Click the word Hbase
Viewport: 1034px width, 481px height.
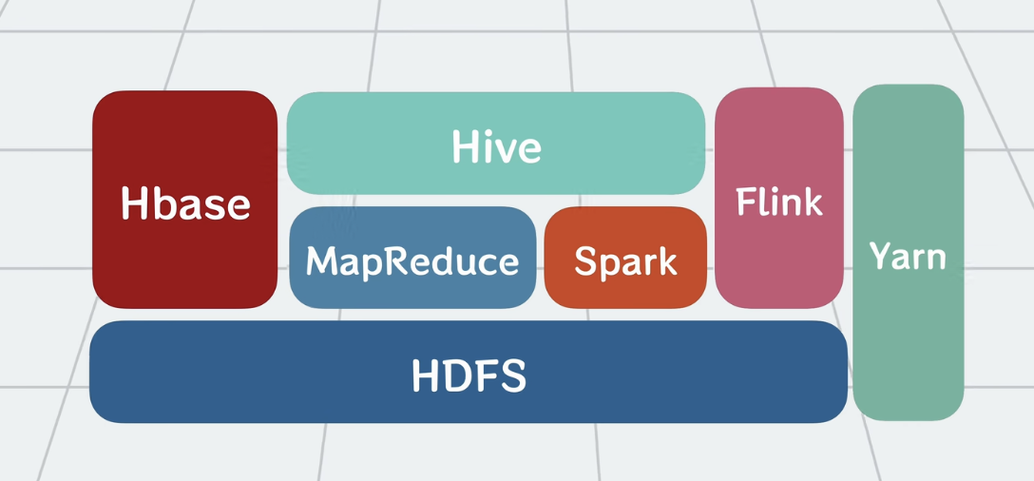pyautogui.click(x=185, y=203)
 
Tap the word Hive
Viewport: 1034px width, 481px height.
pyautogui.click(x=496, y=146)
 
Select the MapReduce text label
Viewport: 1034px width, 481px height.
pyautogui.click(x=412, y=261)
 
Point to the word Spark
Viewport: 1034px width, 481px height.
pyautogui.click(x=625, y=260)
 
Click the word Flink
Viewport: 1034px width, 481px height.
pyautogui.click(x=778, y=202)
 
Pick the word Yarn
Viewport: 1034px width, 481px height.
pyautogui.click(x=908, y=256)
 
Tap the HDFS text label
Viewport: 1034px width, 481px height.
pyautogui.click(x=469, y=375)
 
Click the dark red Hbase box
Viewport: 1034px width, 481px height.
pyautogui.click(x=184, y=200)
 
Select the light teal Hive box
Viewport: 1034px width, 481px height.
pyautogui.click(x=496, y=144)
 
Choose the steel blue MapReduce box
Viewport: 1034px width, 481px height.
pyautogui.click(x=412, y=258)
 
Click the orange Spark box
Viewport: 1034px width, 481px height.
pyautogui.click(x=625, y=258)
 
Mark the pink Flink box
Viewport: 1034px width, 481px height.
pyautogui.click(x=778, y=198)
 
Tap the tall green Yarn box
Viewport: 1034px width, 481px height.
pyautogui.click(x=908, y=252)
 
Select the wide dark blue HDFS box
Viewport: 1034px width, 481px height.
pyautogui.click(x=469, y=372)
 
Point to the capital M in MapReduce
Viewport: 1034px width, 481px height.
pyautogui.click(x=321, y=261)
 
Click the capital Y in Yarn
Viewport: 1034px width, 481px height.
pyautogui.click(x=880, y=255)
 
